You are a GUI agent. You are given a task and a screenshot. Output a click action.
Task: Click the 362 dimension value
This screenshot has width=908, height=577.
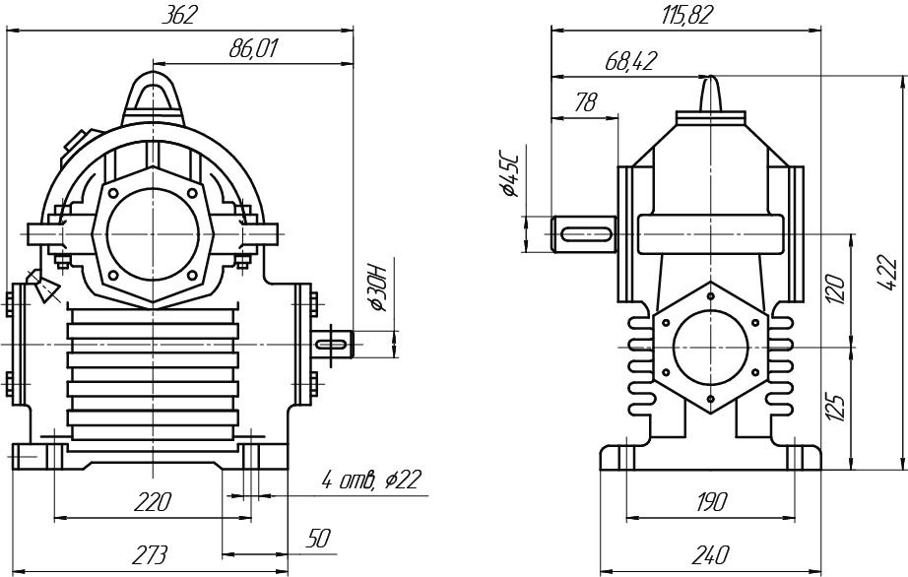tap(182, 14)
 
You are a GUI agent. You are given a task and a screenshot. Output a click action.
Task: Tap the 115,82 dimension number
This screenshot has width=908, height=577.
tap(688, 14)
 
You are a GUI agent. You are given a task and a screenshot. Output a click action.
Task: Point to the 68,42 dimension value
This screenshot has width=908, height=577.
tap(631, 61)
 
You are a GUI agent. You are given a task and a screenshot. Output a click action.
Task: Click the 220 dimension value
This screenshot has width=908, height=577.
tap(153, 501)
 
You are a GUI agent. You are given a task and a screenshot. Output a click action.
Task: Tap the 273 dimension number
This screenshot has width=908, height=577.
tap(150, 555)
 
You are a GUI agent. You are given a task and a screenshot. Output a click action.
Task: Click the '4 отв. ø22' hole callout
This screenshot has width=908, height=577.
tap(370, 480)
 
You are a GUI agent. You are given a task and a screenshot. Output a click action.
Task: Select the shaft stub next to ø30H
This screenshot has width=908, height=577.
tap(334, 343)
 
